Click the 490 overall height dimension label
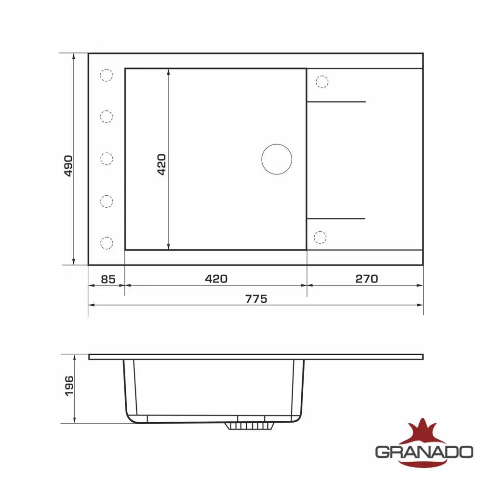click(68, 166)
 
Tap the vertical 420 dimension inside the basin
click(161, 164)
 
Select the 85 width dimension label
click(108, 280)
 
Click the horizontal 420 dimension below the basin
click(216, 279)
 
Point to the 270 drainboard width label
click(367, 279)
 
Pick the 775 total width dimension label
click(256, 299)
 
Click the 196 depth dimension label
click(69, 386)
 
